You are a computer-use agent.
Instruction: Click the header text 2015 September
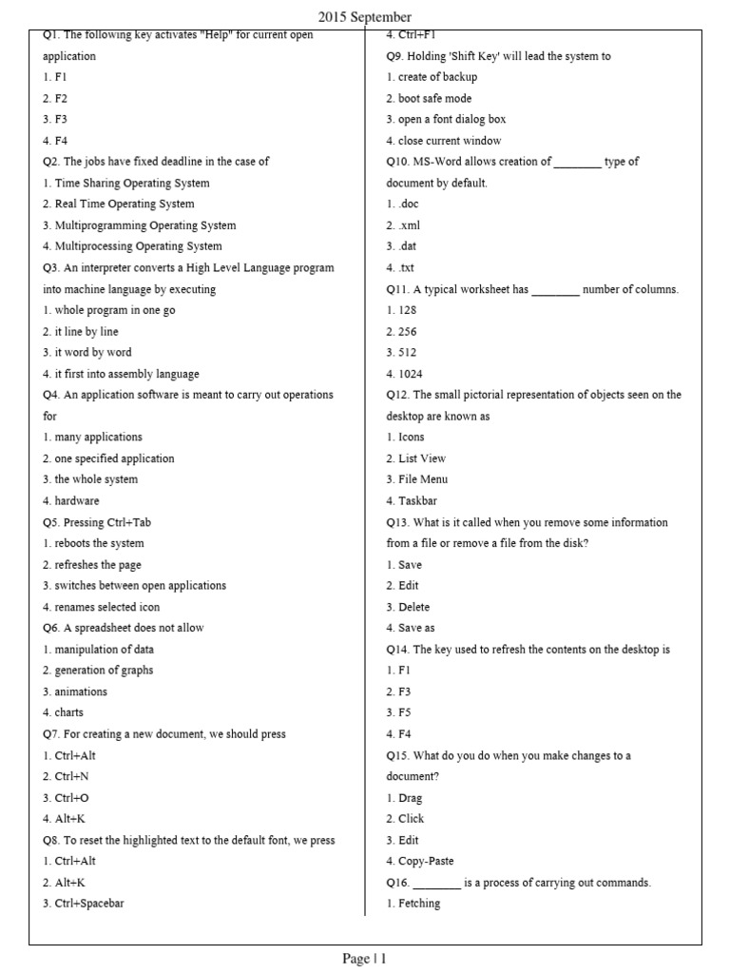(364, 17)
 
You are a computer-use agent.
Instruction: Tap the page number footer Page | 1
(364, 959)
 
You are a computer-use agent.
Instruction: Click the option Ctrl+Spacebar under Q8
(89, 904)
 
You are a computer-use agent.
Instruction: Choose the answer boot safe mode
(434, 99)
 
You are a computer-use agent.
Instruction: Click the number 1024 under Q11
(411, 374)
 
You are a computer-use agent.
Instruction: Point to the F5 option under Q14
(405, 712)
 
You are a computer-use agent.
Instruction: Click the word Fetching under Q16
(419, 904)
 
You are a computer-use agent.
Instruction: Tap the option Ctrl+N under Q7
(72, 777)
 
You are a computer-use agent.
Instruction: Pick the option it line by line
(86, 332)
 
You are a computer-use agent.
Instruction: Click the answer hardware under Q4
(77, 501)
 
